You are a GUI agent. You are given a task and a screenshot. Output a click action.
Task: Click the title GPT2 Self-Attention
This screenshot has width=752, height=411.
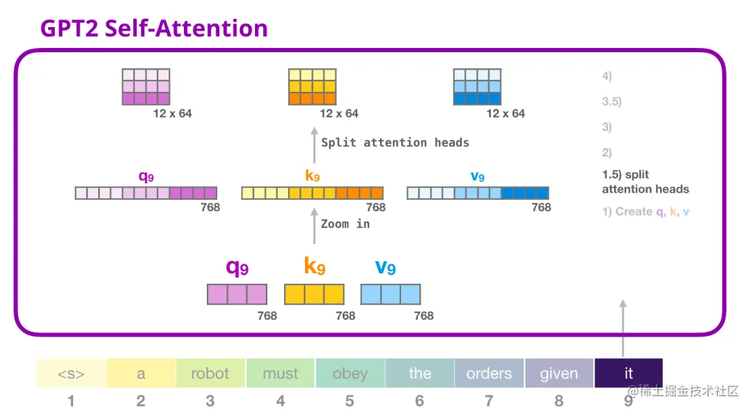click(154, 29)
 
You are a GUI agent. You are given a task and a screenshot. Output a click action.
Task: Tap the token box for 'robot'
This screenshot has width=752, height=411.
click(210, 373)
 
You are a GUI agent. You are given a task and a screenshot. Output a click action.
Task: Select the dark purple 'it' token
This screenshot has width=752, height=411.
click(628, 373)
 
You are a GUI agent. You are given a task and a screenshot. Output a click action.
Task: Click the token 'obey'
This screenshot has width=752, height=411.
click(350, 373)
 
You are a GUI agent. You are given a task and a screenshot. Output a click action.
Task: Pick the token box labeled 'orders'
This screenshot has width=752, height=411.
click(489, 373)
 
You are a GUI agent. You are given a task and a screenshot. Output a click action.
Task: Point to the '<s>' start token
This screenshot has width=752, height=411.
click(71, 373)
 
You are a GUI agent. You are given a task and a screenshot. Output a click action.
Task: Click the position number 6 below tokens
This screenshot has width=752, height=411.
click(419, 401)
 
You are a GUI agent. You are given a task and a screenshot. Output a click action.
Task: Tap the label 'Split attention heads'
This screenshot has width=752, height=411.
click(395, 143)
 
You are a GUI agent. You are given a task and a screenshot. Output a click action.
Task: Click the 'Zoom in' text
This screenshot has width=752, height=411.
click(345, 224)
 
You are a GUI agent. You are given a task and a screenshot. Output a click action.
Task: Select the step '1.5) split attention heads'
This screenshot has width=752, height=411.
click(645, 182)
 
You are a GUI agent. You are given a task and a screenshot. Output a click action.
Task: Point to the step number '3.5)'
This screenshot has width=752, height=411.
click(611, 102)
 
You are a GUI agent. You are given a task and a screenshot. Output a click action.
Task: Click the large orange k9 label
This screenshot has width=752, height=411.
click(314, 266)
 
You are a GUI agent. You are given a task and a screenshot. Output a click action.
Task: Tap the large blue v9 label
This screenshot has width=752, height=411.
click(385, 266)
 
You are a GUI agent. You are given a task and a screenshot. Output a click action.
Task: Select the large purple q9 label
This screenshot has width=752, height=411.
click(237, 266)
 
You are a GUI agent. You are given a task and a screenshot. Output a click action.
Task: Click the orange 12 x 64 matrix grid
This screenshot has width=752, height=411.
click(313, 87)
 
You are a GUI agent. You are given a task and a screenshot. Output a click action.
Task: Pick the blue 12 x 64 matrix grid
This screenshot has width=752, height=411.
click(477, 87)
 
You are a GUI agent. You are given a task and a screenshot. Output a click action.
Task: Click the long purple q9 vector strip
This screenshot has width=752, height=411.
click(146, 193)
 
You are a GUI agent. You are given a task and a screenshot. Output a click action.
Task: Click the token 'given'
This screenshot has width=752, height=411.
click(558, 373)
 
